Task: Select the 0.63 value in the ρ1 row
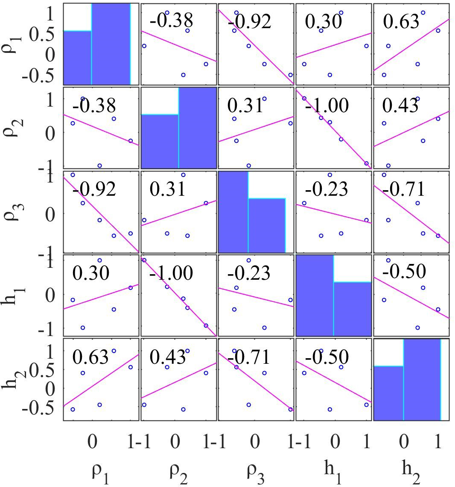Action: coord(401,21)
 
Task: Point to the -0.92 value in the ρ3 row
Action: coord(94,189)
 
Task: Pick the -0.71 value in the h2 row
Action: coord(248,357)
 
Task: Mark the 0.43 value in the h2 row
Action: coord(167,357)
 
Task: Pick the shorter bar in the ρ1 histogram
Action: coord(77,58)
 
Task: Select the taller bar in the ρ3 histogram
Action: coord(233,212)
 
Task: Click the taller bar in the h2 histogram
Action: coord(422,380)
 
